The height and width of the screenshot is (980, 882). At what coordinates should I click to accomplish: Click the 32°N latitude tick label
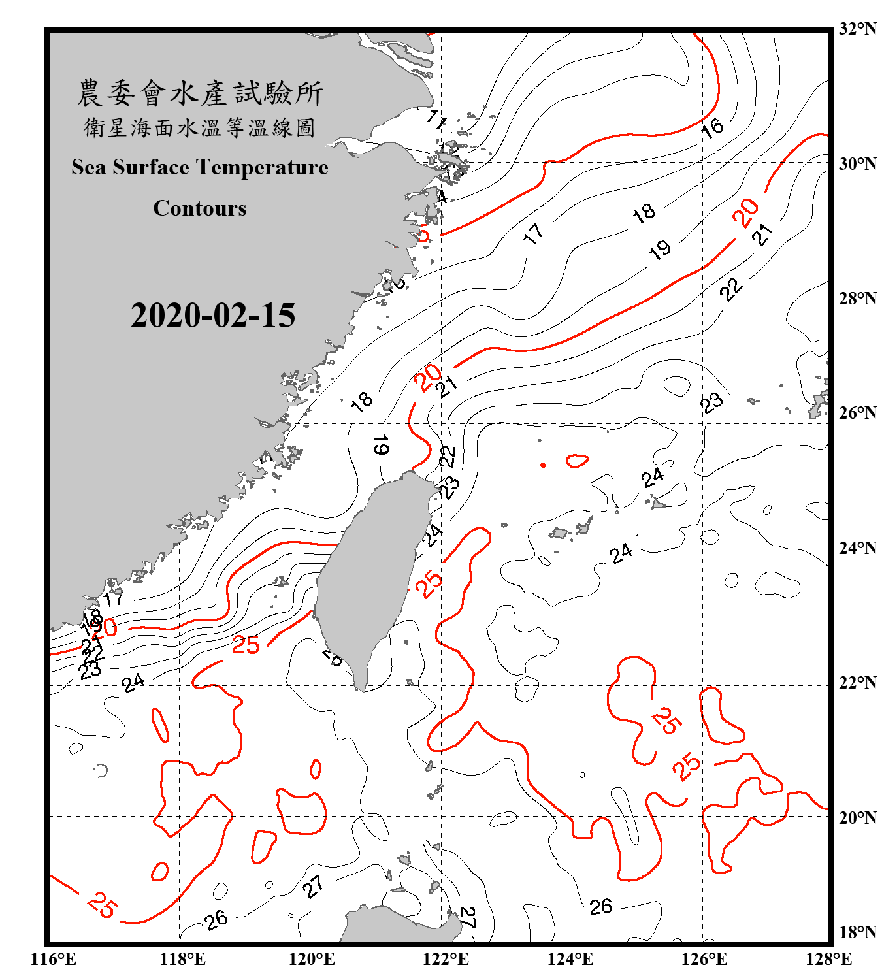pyautogui.click(x=857, y=29)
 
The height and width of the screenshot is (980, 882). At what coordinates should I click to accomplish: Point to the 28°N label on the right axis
pyautogui.click(x=857, y=299)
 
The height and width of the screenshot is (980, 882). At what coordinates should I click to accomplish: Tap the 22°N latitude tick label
pyautogui.click(x=857, y=683)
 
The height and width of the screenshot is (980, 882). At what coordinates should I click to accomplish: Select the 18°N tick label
pyautogui.click(x=857, y=932)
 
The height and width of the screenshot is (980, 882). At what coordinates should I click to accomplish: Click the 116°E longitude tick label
pyautogui.click(x=54, y=959)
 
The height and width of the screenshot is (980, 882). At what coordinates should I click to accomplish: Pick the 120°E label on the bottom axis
pyautogui.click(x=312, y=959)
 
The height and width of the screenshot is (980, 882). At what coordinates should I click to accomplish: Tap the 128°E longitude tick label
pyautogui.click(x=828, y=959)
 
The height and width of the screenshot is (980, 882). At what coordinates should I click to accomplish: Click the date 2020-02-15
pyautogui.click(x=213, y=316)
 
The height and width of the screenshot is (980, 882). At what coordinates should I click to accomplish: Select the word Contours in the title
pyautogui.click(x=200, y=208)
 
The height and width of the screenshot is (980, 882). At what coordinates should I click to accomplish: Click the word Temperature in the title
pyautogui.click(x=261, y=168)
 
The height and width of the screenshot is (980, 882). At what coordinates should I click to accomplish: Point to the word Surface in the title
pyautogui.click(x=151, y=168)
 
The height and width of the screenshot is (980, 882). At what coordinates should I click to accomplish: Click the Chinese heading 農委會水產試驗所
pyautogui.click(x=200, y=93)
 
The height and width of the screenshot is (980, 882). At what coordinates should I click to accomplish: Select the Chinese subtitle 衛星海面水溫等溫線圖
pyautogui.click(x=200, y=128)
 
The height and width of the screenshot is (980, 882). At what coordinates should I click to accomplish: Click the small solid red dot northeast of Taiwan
pyautogui.click(x=543, y=465)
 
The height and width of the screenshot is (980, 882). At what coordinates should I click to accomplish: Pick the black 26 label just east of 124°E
pyautogui.click(x=601, y=907)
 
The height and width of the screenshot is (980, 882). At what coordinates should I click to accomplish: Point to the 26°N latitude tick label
pyautogui.click(x=857, y=413)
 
